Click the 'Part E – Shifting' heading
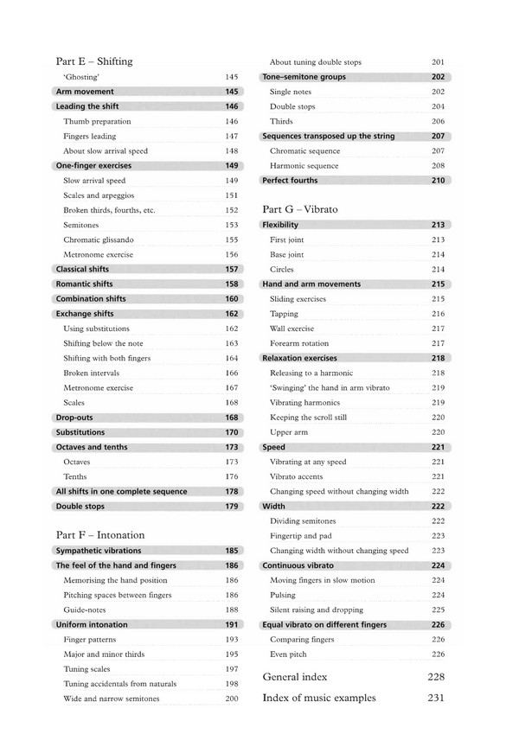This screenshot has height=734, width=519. [x=93, y=61]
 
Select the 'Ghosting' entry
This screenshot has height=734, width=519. [x=80, y=77]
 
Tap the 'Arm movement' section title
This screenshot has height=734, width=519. [x=84, y=92]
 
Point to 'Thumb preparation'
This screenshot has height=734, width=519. [x=97, y=121]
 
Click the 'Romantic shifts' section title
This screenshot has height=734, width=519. [x=84, y=284]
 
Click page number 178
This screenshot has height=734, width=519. [x=231, y=491]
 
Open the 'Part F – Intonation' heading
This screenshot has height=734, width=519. [x=99, y=535]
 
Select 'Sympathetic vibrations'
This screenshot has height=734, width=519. [x=98, y=551]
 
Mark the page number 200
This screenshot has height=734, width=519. [x=231, y=698]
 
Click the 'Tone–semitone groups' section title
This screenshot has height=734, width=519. [x=304, y=77]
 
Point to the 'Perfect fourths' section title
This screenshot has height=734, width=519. [x=290, y=181]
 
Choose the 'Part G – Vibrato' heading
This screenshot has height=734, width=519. [x=299, y=209]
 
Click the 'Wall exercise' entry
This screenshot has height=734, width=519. [x=294, y=329]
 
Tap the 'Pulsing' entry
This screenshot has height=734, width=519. [x=283, y=595]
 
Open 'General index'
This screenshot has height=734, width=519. [x=295, y=676]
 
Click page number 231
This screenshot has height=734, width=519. [x=436, y=698]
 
